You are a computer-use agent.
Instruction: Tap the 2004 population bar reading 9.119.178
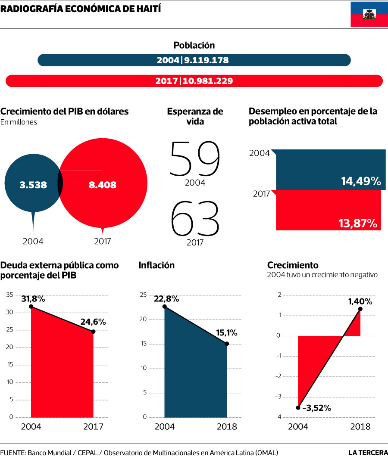(194, 60)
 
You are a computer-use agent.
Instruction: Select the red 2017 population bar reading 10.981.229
(194, 81)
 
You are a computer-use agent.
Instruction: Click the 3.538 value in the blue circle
(33, 185)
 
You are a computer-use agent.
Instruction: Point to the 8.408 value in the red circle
(102, 185)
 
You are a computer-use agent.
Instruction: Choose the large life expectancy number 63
(195, 218)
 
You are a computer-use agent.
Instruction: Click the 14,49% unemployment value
(361, 181)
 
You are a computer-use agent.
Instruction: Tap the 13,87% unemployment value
(357, 223)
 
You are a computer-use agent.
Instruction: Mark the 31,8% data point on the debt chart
(31, 307)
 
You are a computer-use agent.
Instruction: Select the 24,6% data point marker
(93, 332)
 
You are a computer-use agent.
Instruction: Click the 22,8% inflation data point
(165, 307)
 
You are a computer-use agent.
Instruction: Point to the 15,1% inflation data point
(227, 344)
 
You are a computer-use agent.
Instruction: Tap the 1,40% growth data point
(360, 309)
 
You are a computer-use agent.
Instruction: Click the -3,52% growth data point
(298, 407)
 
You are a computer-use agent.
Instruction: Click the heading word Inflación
(156, 265)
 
